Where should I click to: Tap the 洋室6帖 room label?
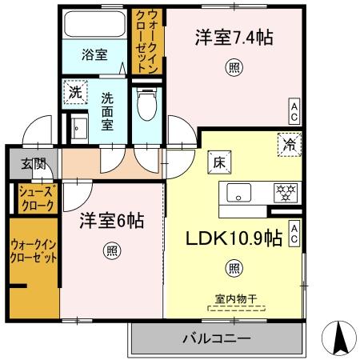[x=111, y=222]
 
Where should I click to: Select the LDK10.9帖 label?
[x=234, y=239]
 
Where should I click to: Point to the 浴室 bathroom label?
[x=94, y=55]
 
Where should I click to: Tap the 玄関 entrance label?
[x=33, y=164]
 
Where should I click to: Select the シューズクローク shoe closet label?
[x=36, y=198]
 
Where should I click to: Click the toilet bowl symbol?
[x=146, y=105]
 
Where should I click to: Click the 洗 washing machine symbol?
[x=74, y=92]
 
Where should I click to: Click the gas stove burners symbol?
[x=284, y=192]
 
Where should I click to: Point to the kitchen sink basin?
[x=240, y=192]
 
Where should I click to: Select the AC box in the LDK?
[x=294, y=232]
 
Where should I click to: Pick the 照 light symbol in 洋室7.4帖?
[x=233, y=66]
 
